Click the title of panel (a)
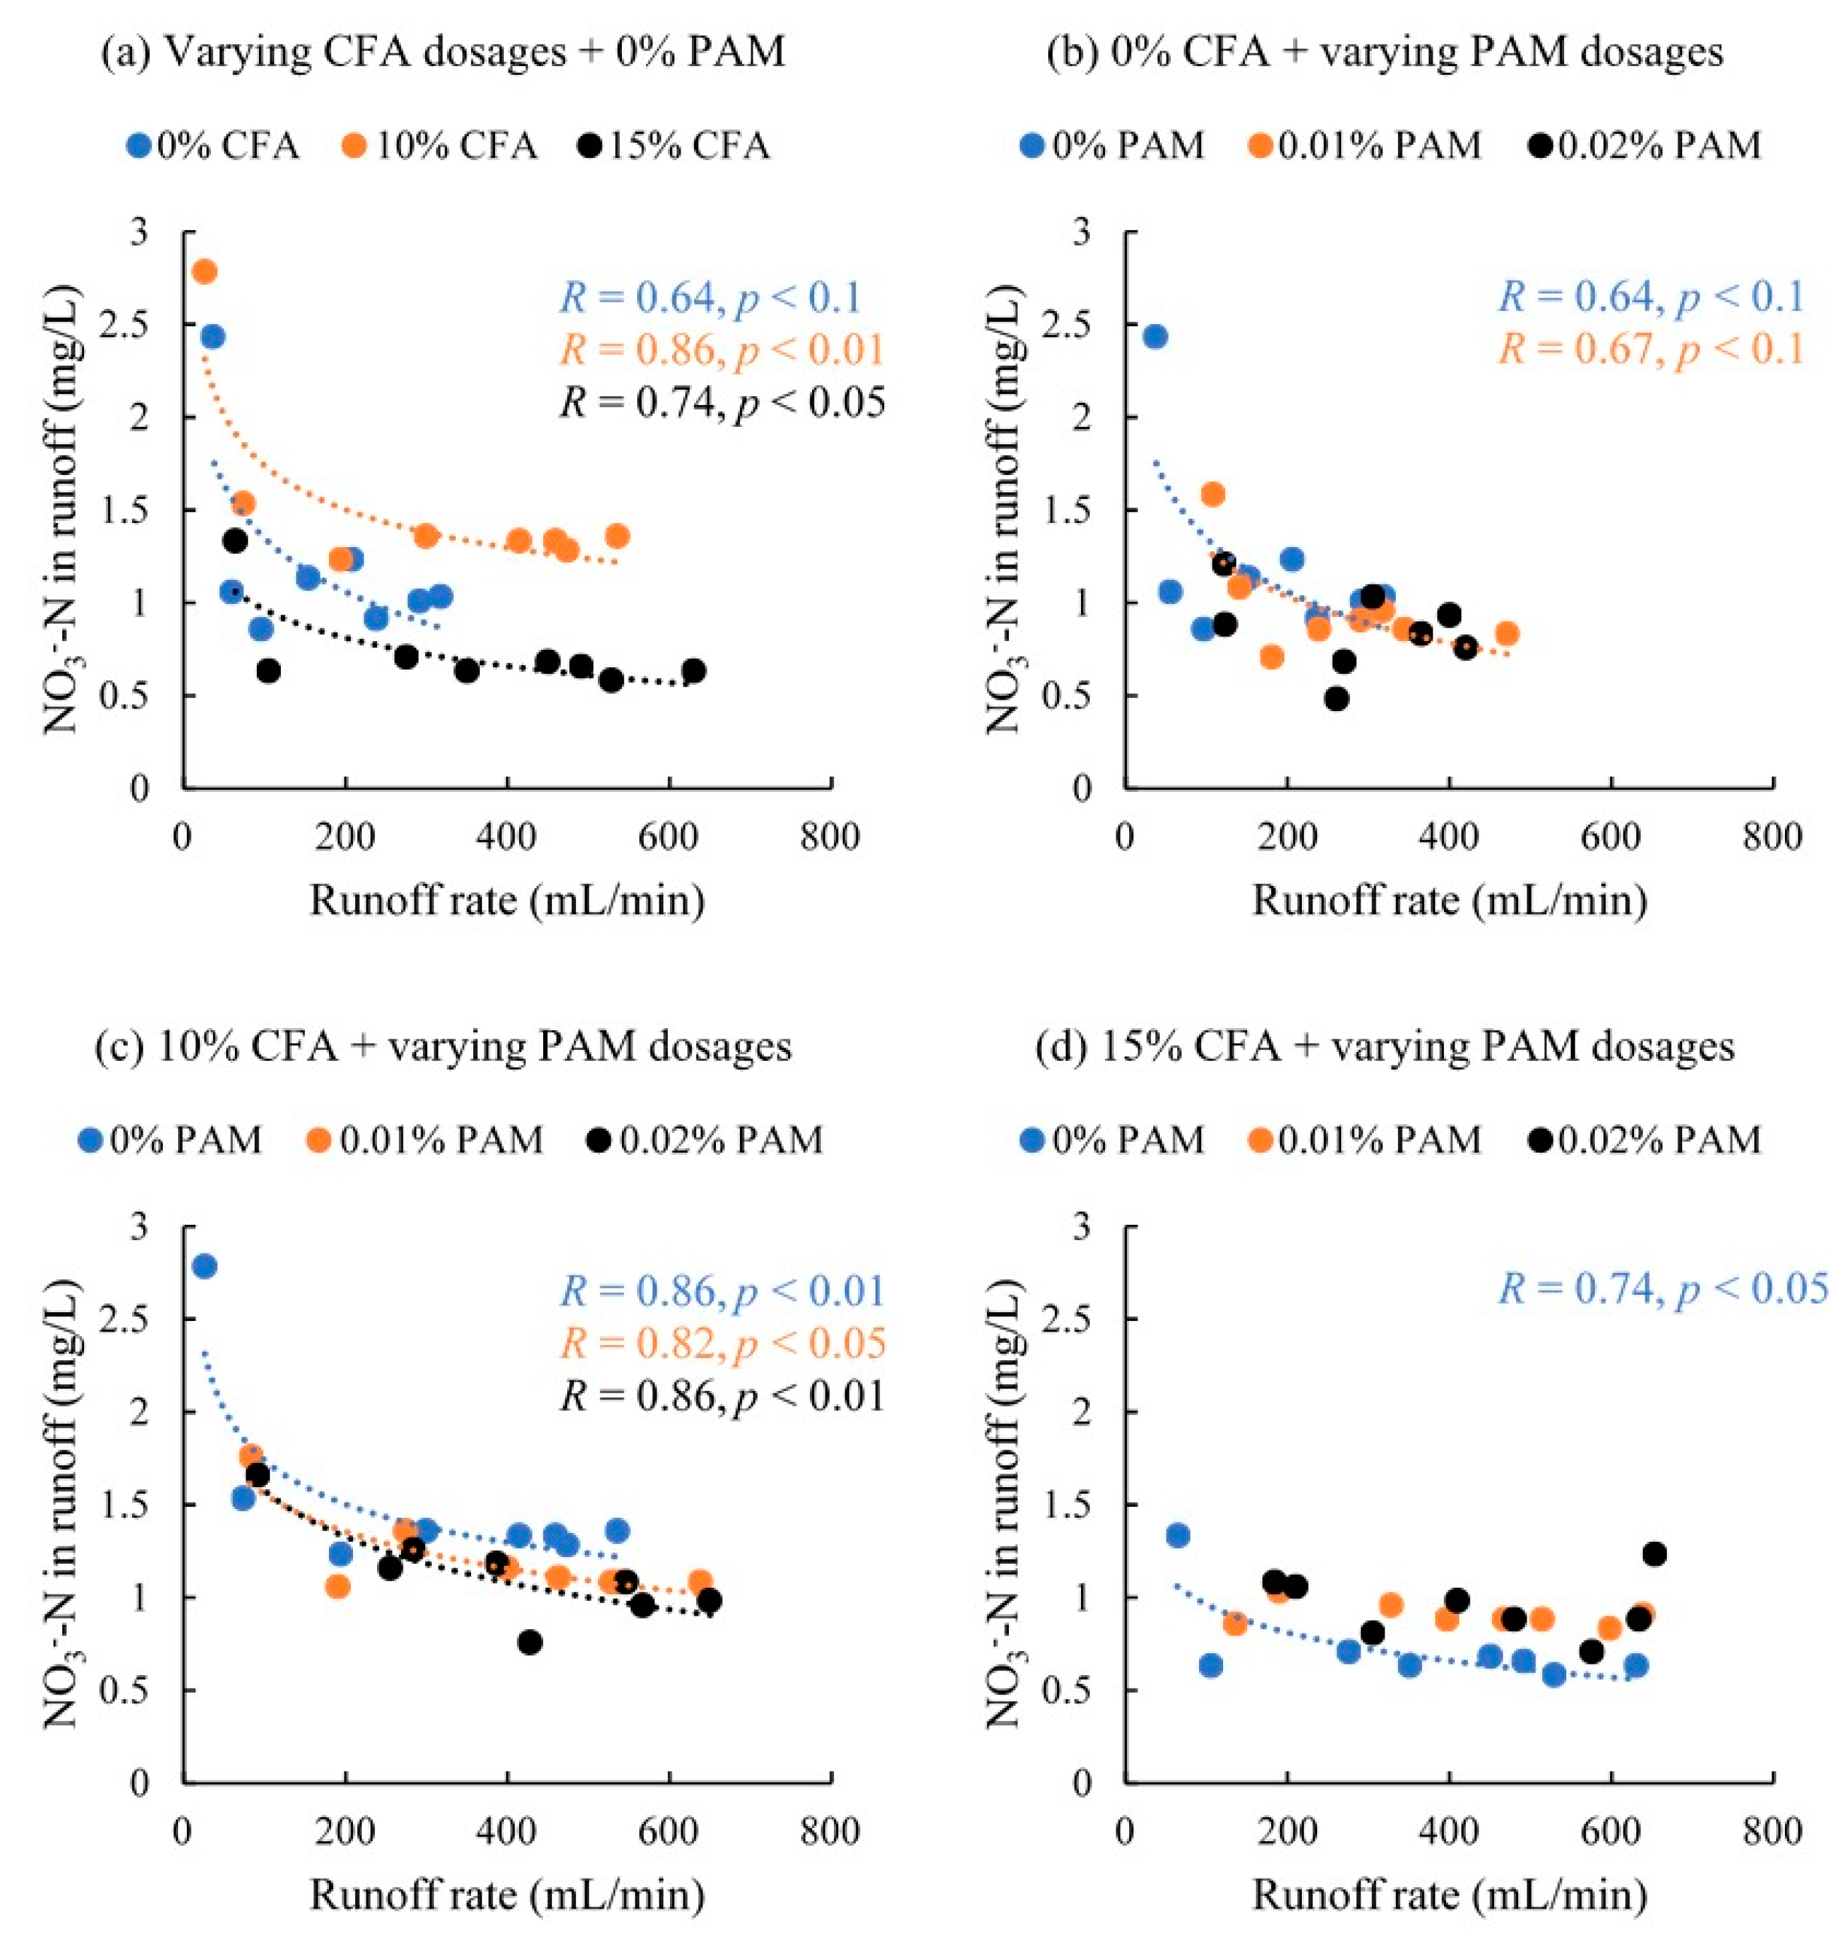pyautogui.click(x=443, y=51)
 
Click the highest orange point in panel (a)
pyautogui.click(x=205, y=272)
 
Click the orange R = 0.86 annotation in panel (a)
pyautogui.click(x=723, y=350)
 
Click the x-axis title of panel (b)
pyautogui.click(x=1449, y=901)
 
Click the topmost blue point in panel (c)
pyautogui.click(x=205, y=1266)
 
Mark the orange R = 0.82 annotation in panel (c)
pyautogui.click(x=723, y=1344)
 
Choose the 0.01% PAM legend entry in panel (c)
pyautogui.click(x=429, y=1140)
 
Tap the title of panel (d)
pyautogui.click(x=1385, y=1046)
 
